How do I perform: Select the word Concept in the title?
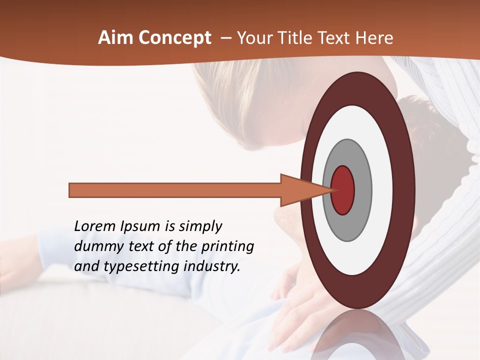pos(175,38)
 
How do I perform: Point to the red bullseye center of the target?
pos(343,190)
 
